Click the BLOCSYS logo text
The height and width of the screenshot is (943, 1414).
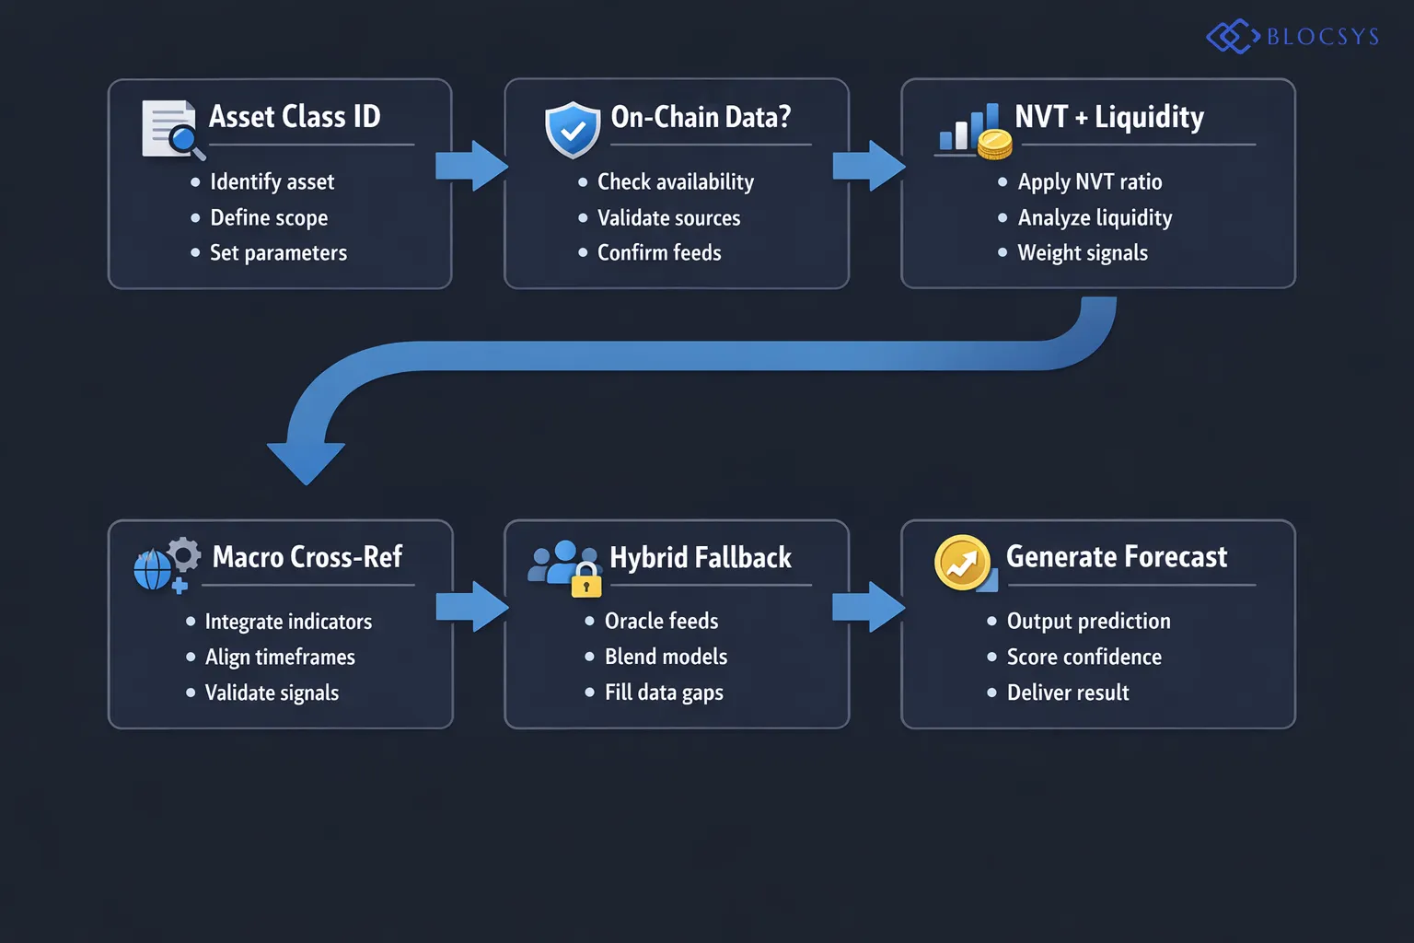tap(1322, 37)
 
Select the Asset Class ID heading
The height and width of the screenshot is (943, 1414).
tap(295, 117)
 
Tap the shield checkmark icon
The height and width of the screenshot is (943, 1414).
tap(573, 130)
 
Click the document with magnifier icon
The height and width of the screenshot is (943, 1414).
tap(171, 129)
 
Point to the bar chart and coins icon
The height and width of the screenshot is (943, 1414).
tap(974, 132)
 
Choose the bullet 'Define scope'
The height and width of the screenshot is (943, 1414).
tap(269, 218)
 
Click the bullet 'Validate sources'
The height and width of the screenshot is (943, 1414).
tap(668, 218)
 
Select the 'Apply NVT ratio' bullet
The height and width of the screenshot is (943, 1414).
tap(1089, 182)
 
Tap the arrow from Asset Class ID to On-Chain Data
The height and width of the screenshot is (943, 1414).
tap(471, 166)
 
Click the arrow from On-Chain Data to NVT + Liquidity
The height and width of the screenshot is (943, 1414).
tap(868, 166)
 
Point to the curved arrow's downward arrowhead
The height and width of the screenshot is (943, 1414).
tap(306, 460)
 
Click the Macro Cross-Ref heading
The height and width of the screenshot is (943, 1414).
tap(307, 557)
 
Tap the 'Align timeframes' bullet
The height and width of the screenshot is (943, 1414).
tap(280, 658)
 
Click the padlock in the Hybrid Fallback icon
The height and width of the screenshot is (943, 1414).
tap(586, 582)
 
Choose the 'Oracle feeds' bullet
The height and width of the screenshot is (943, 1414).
tap(661, 622)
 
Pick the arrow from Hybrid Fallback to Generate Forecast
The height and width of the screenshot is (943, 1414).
tap(868, 607)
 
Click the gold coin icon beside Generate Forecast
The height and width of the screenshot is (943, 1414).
tap(963, 563)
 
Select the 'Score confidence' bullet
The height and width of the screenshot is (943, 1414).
tap(1084, 658)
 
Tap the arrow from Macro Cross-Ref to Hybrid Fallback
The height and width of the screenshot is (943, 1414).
tap(471, 607)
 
